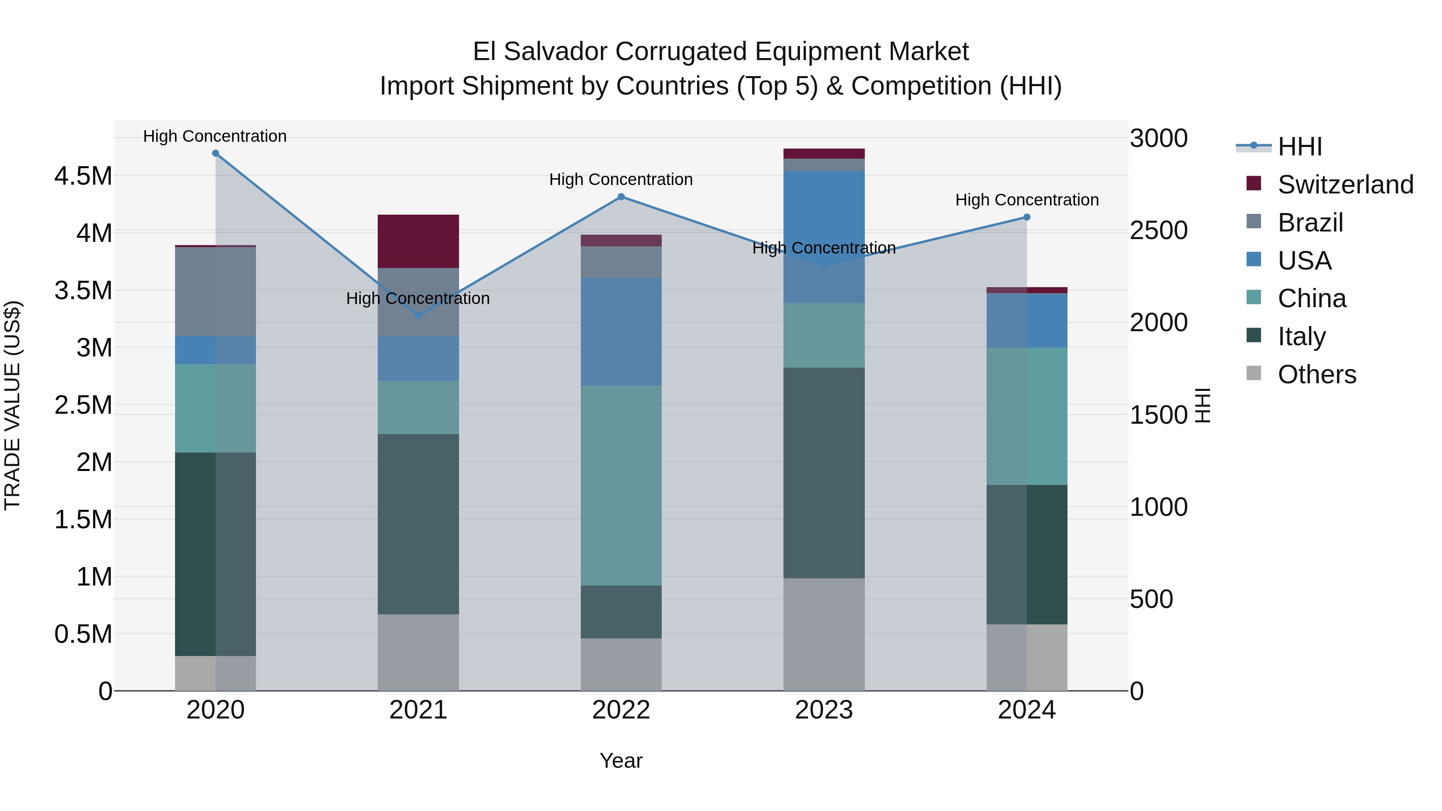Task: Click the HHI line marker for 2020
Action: click(215, 153)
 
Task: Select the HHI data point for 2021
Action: click(418, 316)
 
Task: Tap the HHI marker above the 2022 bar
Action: click(621, 197)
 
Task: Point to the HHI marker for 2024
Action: click(1027, 217)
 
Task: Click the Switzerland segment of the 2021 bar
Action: click(418, 241)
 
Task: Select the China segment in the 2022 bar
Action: click(621, 485)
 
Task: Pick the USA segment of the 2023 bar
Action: click(824, 237)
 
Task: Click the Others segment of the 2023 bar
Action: click(824, 634)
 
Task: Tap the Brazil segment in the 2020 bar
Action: click(215, 291)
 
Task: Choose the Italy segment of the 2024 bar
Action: click(1027, 554)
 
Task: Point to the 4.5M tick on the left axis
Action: click(83, 176)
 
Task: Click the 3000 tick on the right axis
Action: click(1158, 138)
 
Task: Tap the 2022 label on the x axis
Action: click(621, 710)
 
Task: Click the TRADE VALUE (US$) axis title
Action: click(12, 405)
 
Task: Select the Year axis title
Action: click(621, 761)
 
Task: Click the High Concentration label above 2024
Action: click(1027, 200)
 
